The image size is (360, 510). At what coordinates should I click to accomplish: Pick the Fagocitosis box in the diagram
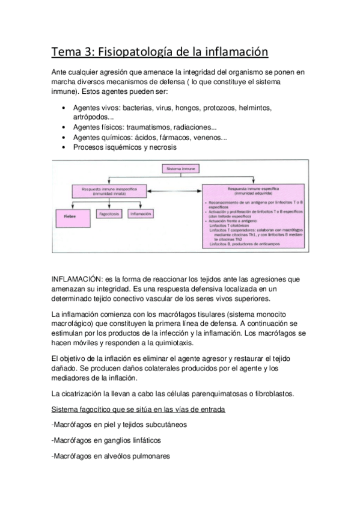[109, 214]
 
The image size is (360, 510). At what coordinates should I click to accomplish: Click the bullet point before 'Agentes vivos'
[64, 108]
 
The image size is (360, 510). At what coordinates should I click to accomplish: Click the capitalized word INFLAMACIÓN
[77, 278]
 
